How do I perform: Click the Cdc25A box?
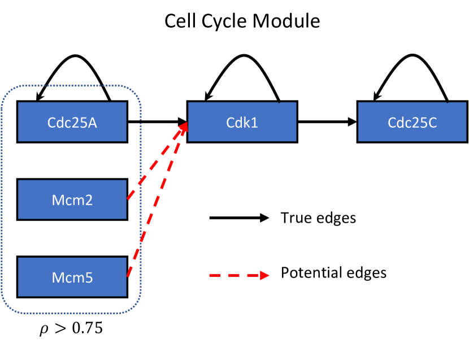point(72,122)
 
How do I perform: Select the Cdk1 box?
point(242,122)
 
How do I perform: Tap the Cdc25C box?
point(412,122)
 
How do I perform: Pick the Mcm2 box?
point(72,199)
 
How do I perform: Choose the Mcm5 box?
point(72,277)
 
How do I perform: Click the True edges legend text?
point(318,218)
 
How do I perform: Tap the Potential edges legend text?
point(333,274)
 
